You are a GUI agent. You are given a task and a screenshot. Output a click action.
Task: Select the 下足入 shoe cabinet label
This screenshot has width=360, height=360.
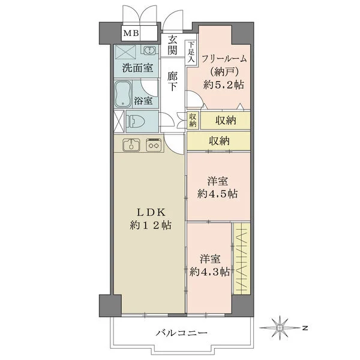(190, 52)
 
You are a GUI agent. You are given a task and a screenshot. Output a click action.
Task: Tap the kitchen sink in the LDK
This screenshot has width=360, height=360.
(131, 145)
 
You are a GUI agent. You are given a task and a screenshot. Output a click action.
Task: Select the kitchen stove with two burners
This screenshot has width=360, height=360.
(154, 145)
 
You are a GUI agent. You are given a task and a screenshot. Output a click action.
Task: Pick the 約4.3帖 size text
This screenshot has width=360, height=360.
(210, 272)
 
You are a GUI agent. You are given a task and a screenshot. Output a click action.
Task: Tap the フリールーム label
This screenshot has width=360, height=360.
(224, 58)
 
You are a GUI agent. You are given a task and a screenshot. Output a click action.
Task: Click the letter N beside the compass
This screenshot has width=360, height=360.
(305, 328)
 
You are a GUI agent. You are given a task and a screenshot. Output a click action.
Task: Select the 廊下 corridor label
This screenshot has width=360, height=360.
(173, 82)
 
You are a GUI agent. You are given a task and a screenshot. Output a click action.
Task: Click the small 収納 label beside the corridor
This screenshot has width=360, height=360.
(192, 120)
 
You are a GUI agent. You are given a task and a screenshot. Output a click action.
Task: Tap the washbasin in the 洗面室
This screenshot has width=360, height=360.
(147, 52)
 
